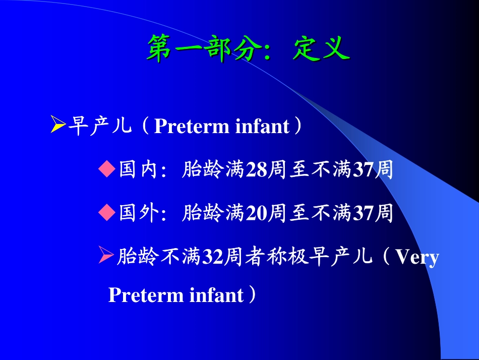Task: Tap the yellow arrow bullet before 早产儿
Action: tap(58, 125)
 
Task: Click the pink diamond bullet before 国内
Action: tap(107, 170)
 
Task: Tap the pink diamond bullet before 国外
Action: tap(107, 213)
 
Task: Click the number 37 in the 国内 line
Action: tap(363, 171)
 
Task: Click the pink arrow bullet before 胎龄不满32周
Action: tap(105, 257)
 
